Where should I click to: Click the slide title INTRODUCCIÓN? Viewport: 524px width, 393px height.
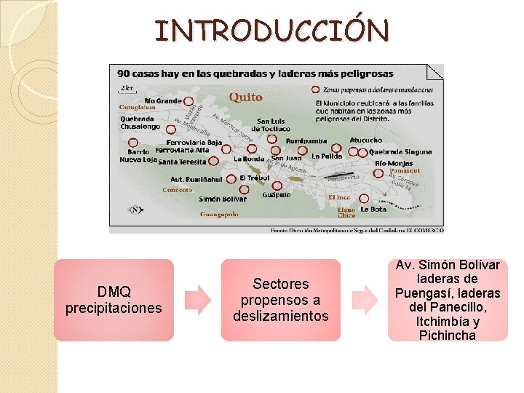point(271,31)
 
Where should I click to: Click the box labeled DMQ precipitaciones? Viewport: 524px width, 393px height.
point(114,300)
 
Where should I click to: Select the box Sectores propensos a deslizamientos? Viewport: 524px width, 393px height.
point(281,300)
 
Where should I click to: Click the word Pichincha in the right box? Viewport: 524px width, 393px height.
point(447,336)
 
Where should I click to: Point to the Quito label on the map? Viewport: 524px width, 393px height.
point(245,97)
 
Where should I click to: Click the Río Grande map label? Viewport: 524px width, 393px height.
point(162,100)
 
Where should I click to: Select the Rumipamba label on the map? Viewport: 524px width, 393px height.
point(306,140)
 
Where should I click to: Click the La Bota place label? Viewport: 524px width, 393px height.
point(373,210)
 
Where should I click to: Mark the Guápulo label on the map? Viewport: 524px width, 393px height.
point(277,195)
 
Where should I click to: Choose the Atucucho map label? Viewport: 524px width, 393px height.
point(365,140)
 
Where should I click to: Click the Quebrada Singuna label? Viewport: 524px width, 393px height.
point(400,152)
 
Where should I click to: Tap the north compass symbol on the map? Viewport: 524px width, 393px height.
point(135,210)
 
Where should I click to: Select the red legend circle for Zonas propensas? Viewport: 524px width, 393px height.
point(315,90)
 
